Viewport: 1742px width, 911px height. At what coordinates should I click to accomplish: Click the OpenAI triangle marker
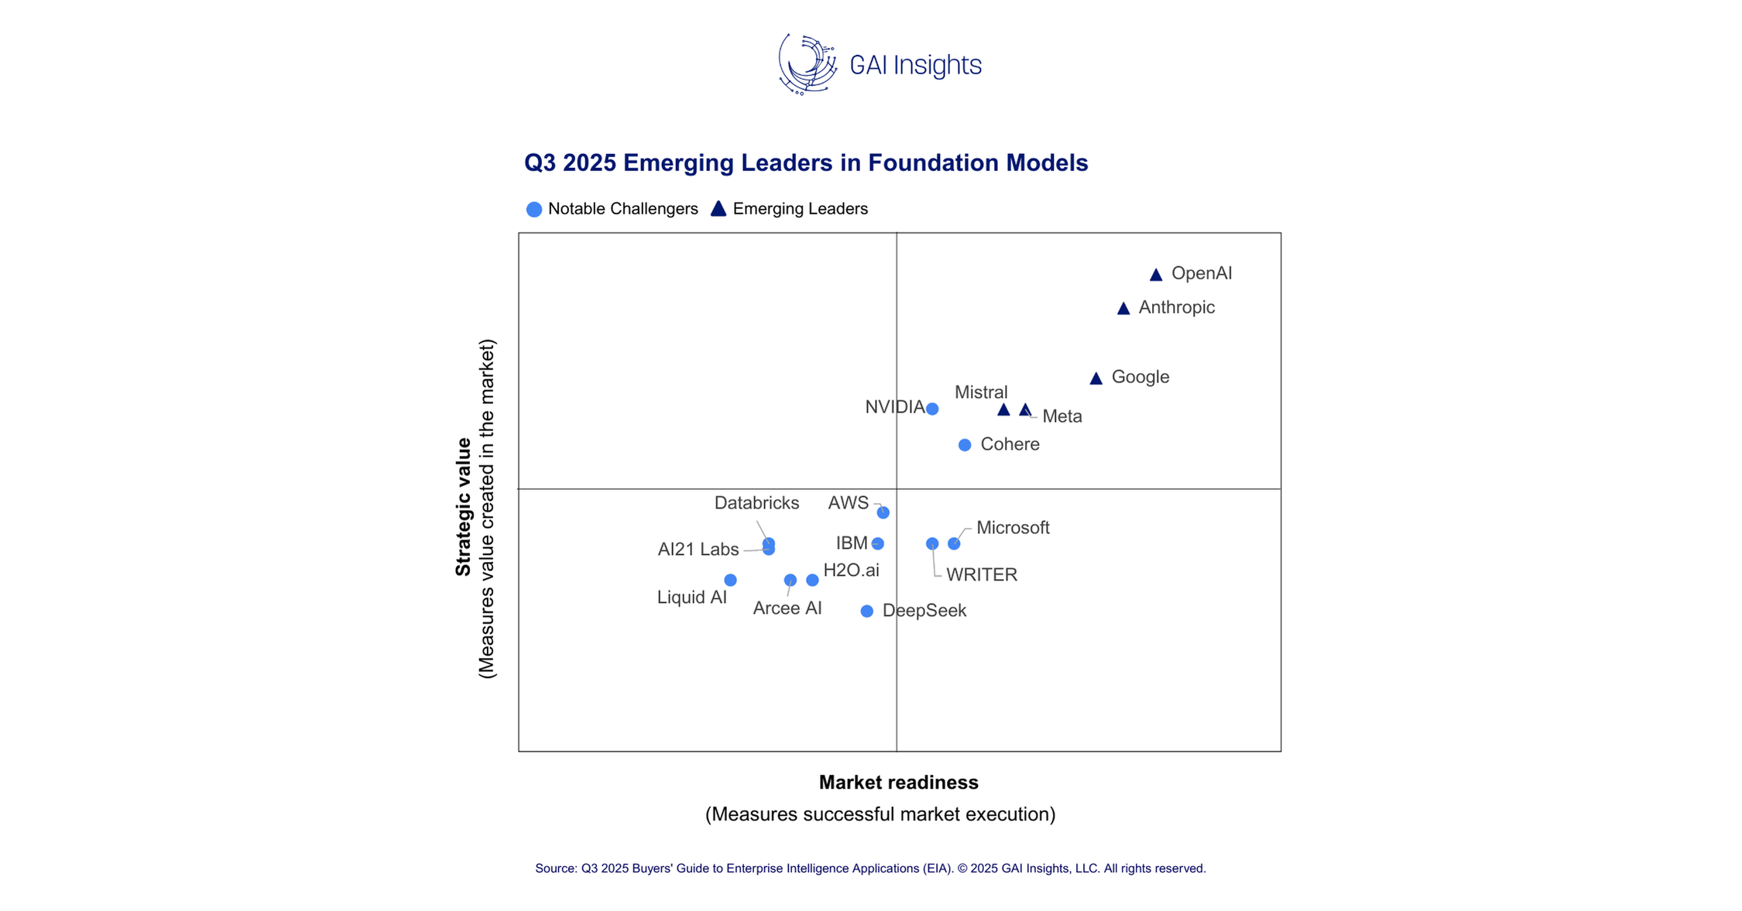(1155, 275)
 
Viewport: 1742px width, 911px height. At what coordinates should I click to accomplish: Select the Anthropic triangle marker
(1123, 309)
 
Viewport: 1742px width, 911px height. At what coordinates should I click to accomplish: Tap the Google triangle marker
(1096, 378)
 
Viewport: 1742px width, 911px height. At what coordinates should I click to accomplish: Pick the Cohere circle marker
(964, 445)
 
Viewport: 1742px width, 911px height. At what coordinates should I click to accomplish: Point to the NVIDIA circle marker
(932, 409)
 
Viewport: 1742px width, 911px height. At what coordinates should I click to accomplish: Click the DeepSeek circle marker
(866, 611)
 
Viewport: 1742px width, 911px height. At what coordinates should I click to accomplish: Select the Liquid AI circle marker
(730, 580)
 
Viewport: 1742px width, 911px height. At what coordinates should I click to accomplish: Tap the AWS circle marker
(883, 512)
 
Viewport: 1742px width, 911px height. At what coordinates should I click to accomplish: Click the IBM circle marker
(877, 543)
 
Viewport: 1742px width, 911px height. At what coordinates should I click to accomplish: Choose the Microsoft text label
(1013, 528)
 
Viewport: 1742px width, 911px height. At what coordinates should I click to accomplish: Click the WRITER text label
(982, 575)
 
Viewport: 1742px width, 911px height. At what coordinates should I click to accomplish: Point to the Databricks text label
(756, 503)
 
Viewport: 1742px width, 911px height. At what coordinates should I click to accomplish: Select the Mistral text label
(981, 392)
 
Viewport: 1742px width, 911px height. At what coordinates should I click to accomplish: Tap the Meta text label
(1062, 416)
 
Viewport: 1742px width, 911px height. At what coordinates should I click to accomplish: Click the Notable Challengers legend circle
(533, 209)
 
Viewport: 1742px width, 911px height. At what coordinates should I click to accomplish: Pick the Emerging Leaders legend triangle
(718, 209)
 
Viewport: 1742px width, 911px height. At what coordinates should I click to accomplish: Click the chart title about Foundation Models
(806, 163)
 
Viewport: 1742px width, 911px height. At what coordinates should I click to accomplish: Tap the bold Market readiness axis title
(898, 783)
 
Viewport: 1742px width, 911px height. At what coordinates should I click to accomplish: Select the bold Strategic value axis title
(463, 507)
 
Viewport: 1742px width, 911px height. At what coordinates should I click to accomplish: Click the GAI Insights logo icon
(808, 64)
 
